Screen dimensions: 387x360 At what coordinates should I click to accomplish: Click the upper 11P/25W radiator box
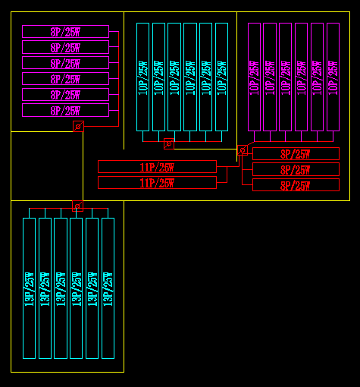pos(157,167)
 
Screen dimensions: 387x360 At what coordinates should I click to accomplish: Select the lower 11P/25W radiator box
pos(157,182)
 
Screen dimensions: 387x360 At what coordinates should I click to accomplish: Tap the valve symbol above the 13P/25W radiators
pos(77,206)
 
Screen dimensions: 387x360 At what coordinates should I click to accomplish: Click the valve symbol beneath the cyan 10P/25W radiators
pos(169,144)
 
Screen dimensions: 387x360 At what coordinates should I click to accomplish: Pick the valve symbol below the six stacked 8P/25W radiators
pos(78,126)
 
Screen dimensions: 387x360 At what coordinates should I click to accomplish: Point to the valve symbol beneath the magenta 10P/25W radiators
pos(243,151)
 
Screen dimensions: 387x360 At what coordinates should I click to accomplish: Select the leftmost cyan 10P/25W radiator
pos(142,77)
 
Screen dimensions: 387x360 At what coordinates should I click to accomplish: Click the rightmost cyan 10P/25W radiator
pos(221,77)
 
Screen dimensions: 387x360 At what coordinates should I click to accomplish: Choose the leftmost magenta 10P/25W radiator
pos(254,77)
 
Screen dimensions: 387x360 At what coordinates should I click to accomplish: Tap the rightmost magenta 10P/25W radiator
pos(333,77)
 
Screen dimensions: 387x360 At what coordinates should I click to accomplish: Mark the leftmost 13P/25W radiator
pos(30,288)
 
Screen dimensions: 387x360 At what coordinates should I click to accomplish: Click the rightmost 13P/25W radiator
pos(108,288)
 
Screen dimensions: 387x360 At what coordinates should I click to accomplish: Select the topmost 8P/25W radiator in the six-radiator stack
pos(65,31)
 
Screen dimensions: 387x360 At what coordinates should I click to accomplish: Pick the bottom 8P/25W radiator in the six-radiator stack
pos(65,111)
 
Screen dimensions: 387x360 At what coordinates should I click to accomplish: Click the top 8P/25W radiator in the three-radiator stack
pos(296,154)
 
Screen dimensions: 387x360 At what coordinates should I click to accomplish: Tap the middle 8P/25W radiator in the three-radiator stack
pos(296,170)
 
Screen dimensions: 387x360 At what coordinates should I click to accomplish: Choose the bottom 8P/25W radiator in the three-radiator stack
pos(296,185)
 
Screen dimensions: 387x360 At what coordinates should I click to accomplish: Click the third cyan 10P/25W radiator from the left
pos(174,77)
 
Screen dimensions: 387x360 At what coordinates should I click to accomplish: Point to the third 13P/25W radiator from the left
pos(61,288)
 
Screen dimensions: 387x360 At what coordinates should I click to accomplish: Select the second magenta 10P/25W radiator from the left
pos(270,77)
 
